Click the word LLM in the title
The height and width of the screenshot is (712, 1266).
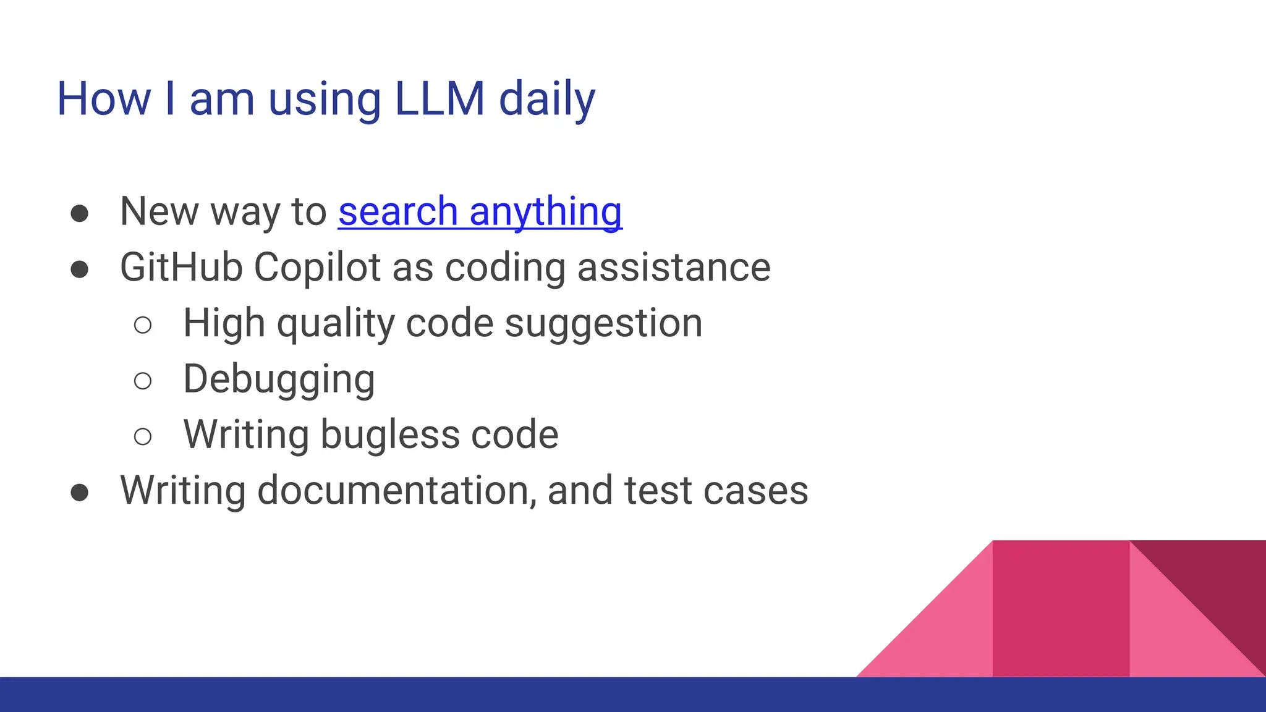(x=440, y=99)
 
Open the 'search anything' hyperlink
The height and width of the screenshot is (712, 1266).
(x=480, y=211)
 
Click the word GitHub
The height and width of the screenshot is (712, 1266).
(x=181, y=268)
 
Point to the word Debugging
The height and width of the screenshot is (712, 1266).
(x=279, y=379)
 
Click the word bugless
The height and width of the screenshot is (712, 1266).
(x=390, y=434)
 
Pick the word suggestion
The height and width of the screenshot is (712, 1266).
(x=603, y=324)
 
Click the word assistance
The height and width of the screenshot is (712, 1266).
(x=674, y=268)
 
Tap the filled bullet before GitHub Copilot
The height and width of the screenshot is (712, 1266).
(x=79, y=269)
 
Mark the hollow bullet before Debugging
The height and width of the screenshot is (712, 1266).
(x=142, y=381)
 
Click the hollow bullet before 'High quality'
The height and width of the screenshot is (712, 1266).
(x=142, y=325)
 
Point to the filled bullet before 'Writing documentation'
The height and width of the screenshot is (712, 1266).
(x=79, y=493)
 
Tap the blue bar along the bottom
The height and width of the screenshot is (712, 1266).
(x=633, y=695)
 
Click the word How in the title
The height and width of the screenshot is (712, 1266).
(x=104, y=99)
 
